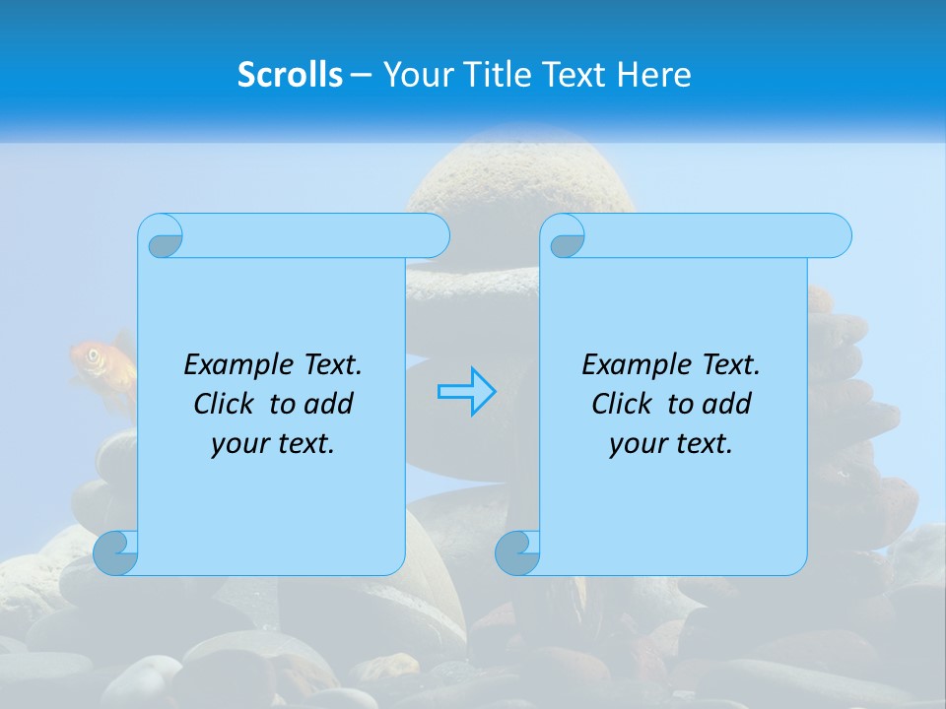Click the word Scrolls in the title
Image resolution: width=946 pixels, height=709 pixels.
point(290,75)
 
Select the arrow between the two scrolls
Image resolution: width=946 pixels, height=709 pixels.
point(466,392)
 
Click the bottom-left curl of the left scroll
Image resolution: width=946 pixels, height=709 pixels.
point(115,552)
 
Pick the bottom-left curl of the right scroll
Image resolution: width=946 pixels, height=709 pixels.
point(517,552)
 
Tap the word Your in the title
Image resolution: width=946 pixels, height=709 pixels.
point(415,75)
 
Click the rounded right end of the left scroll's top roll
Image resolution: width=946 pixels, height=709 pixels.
point(435,236)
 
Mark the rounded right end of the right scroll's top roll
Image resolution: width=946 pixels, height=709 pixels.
point(837,236)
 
